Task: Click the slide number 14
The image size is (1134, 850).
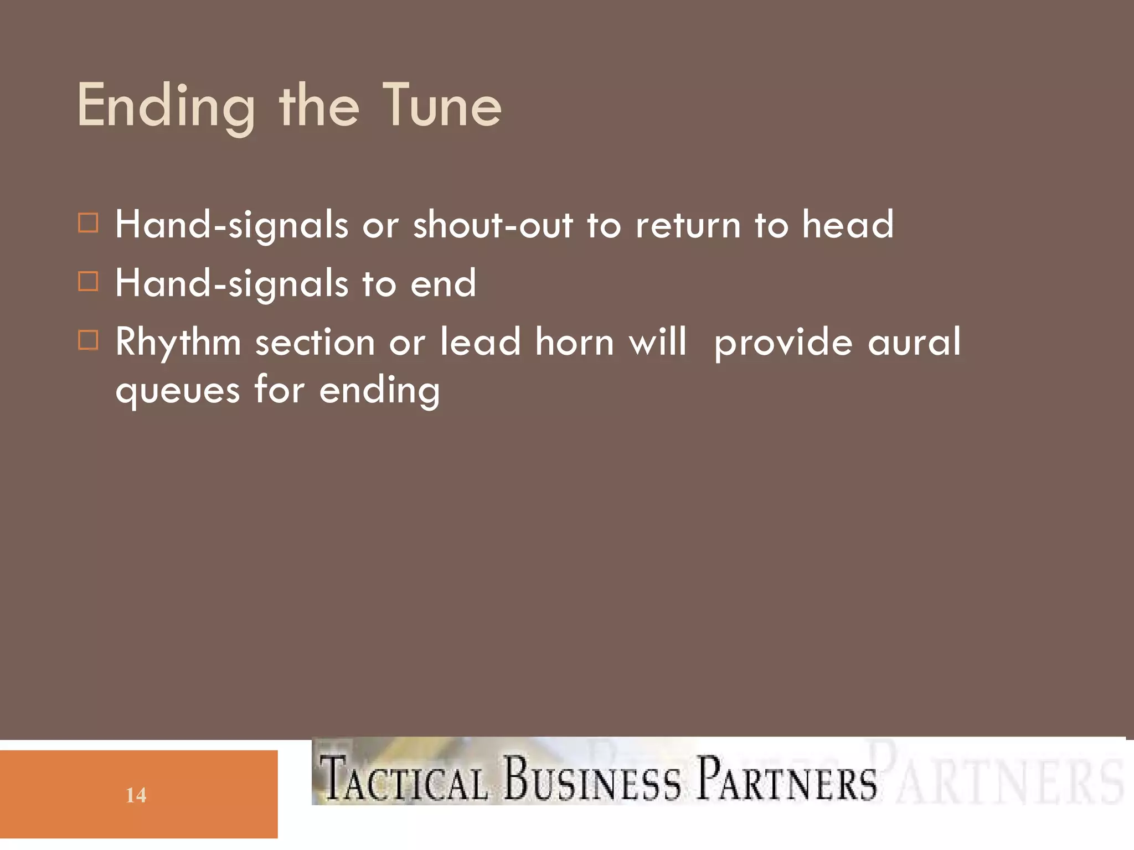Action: [x=136, y=795]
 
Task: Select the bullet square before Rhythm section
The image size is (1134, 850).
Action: [x=89, y=340]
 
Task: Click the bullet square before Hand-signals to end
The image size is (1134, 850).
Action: [x=89, y=281]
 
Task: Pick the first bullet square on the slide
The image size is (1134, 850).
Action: [x=89, y=223]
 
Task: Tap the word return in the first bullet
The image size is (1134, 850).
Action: [x=688, y=226]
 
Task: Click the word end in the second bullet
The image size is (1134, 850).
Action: [x=443, y=283]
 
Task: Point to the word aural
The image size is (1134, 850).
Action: [x=914, y=342]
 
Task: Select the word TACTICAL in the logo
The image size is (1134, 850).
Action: [x=404, y=779]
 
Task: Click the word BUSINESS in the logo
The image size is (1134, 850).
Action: [x=592, y=779]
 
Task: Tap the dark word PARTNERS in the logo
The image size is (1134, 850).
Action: [x=786, y=779]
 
